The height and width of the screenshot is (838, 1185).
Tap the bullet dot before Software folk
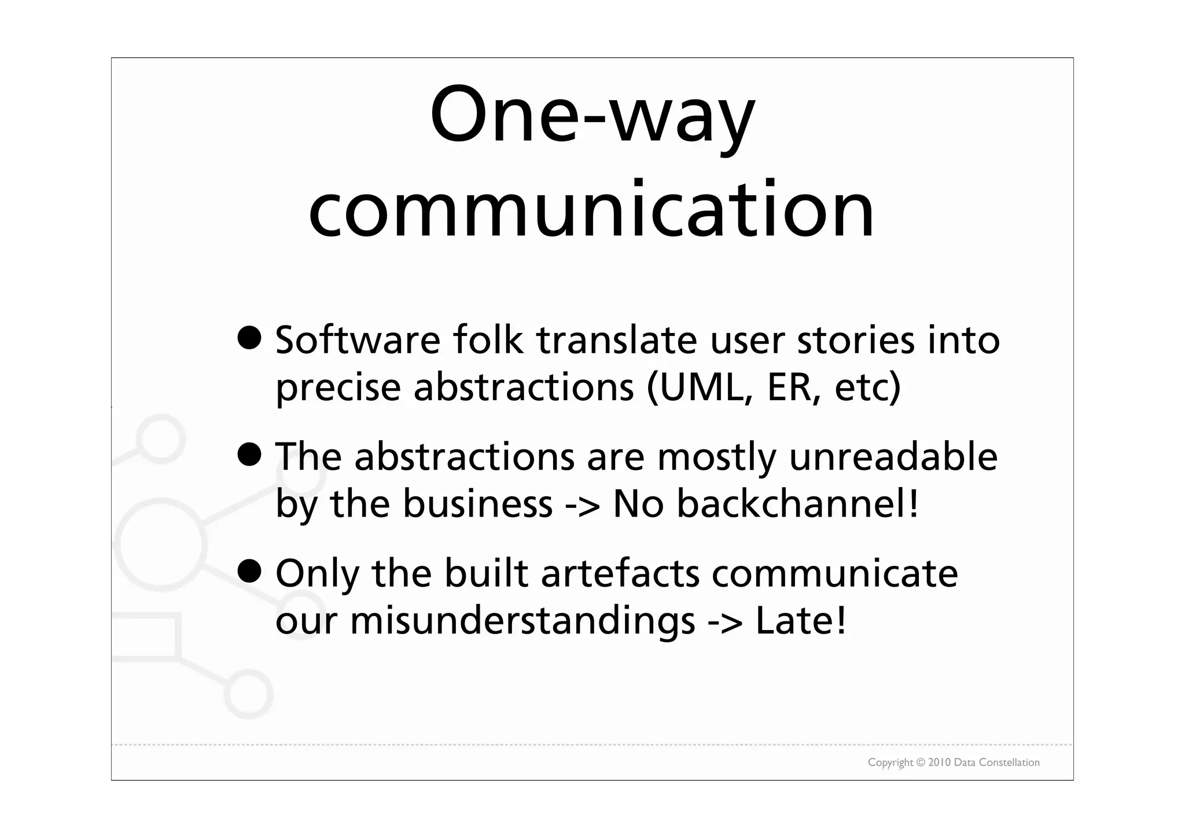click(249, 338)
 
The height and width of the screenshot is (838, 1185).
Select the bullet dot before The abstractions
click(249, 455)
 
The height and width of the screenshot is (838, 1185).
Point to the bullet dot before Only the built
click(249, 572)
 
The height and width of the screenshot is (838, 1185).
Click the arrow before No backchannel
click(582, 505)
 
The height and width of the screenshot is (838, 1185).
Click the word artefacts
click(620, 573)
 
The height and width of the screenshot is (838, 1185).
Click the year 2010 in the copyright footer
click(940, 763)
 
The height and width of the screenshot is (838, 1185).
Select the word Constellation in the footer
click(1010, 763)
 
